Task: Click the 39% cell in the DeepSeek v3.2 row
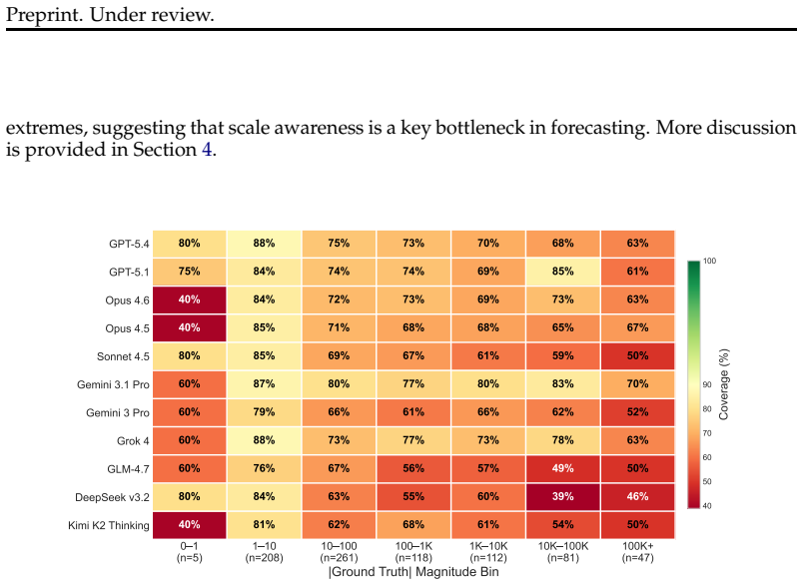tap(563, 496)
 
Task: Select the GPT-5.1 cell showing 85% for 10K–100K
tap(563, 272)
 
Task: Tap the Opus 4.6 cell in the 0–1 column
tap(190, 299)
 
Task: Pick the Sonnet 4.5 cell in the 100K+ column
tap(637, 355)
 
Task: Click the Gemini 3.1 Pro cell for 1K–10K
tap(488, 384)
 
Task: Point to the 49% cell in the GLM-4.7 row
tap(563, 468)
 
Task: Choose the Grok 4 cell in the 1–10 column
tap(265, 440)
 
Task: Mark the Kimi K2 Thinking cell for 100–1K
tap(413, 525)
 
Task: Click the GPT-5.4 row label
tap(129, 245)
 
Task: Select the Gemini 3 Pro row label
tap(118, 413)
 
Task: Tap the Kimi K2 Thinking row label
tap(109, 526)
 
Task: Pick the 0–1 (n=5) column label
tap(190, 552)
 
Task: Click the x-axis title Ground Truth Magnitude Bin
tap(413, 572)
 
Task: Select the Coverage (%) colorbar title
tap(724, 384)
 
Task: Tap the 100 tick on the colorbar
tap(710, 261)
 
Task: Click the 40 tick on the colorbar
tap(707, 506)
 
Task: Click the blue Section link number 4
tap(207, 150)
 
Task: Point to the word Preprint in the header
tap(45, 15)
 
